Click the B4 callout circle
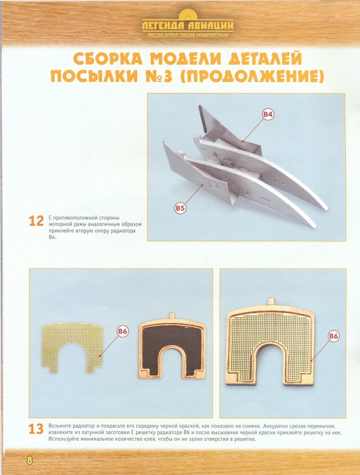pyautogui.click(x=268, y=115)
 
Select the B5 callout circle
pyautogui.click(x=179, y=208)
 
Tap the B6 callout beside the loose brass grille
pyautogui.click(x=123, y=331)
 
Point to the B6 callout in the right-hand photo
pyautogui.click(x=334, y=336)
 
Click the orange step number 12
pyautogui.click(x=36, y=221)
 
